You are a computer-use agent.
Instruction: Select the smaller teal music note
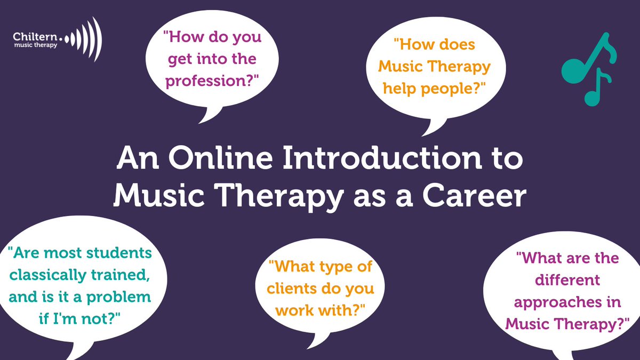(597, 88)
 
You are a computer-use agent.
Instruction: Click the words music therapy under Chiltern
(37, 45)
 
